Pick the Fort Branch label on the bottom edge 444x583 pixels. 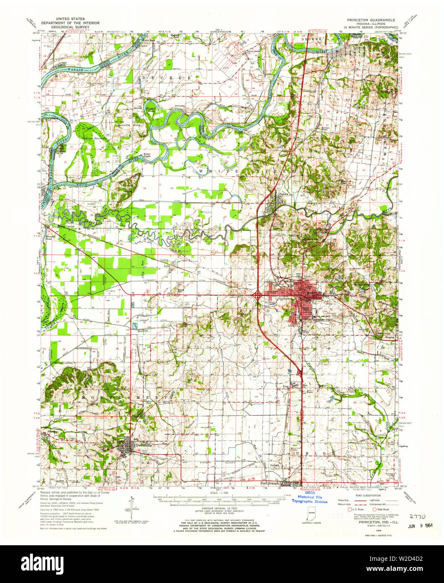click(x=269, y=483)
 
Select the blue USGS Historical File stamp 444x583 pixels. click(x=310, y=499)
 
